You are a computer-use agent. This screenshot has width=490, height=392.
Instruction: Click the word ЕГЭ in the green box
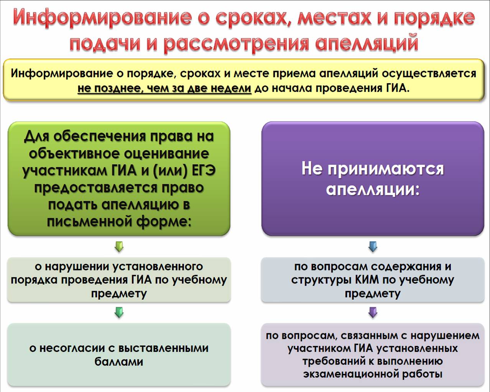point(204,171)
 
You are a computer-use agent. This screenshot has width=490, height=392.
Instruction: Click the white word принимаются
point(386,169)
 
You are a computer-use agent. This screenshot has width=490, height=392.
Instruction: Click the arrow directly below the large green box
point(119,246)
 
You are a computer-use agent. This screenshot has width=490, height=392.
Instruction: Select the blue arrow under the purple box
point(373,246)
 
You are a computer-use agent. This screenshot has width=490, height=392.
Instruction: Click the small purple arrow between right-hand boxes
point(373,312)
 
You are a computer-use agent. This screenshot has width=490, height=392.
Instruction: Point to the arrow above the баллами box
point(119,312)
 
